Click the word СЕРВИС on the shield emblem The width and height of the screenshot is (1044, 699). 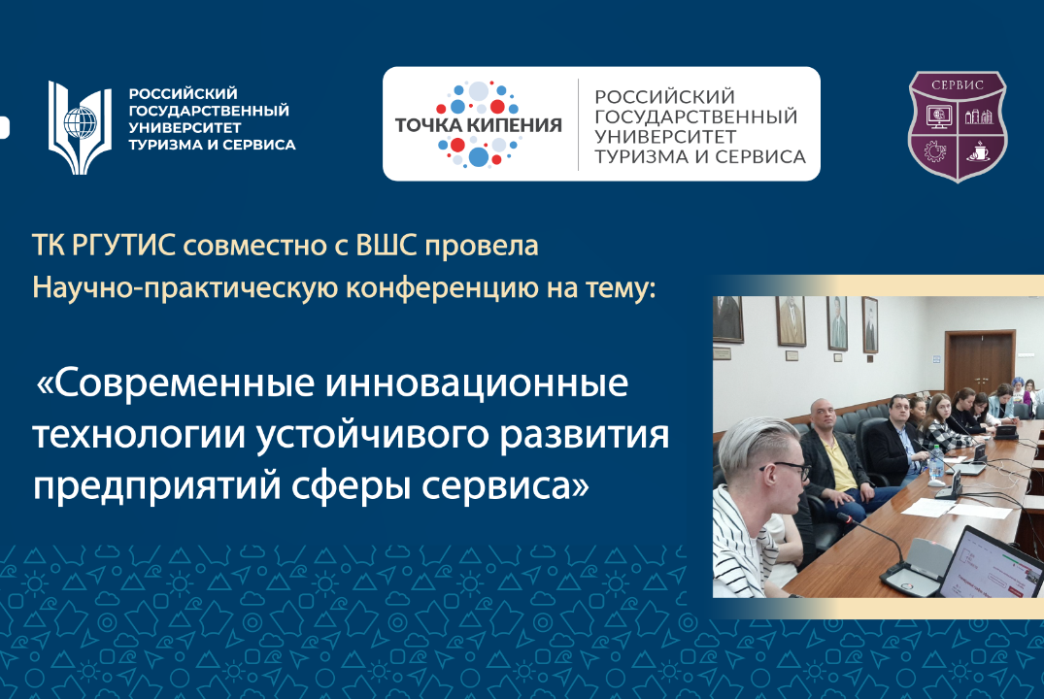click(x=957, y=84)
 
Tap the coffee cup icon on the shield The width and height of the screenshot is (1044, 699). click(x=976, y=151)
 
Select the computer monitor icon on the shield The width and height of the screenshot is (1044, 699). click(x=938, y=117)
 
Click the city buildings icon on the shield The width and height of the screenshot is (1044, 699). click(x=976, y=117)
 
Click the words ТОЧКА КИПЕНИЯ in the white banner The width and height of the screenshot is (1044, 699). click(x=478, y=124)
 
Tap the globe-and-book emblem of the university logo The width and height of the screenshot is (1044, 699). click(x=81, y=123)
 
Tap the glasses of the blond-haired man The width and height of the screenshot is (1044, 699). click(x=790, y=468)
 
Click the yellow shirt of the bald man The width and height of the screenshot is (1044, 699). click(x=843, y=473)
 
